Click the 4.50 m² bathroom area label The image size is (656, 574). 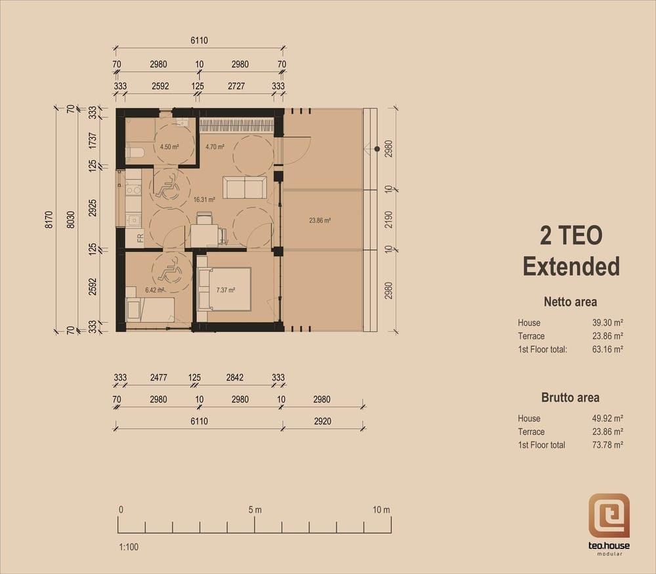[169, 147]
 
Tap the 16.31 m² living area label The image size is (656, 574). [204, 199]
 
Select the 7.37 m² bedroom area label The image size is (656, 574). [226, 290]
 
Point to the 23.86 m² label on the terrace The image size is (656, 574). [320, 220]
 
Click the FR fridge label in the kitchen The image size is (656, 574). [140, 238]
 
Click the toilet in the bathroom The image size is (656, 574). [134, 153]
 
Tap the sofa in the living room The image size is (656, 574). [244, 188]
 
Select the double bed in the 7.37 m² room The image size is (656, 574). [224, 289]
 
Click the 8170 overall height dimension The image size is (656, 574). [49, 219]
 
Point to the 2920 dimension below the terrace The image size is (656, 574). [323, 421]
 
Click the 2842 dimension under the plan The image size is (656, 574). [235, 377]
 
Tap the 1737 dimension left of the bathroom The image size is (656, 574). [92, 140]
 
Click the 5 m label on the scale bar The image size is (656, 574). [255, 510]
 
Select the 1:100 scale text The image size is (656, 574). [129, 547]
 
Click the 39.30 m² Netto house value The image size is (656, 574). [607, 323]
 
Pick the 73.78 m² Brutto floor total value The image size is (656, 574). [607, 445]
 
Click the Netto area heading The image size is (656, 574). [570, 302]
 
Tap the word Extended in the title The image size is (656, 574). [571, 266]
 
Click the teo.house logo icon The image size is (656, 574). [609, 516]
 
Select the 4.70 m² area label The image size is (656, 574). [215, 147]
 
